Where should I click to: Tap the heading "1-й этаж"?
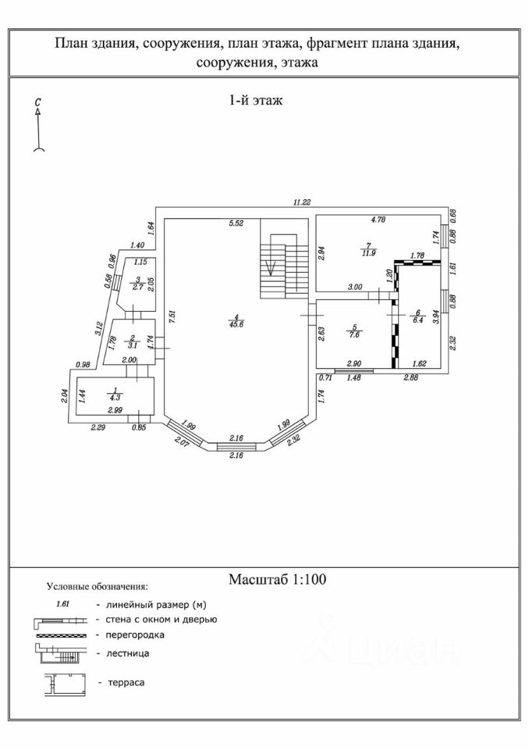click(256, 100)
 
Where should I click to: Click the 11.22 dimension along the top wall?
click(302, 202)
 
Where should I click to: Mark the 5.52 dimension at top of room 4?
click(236, 223)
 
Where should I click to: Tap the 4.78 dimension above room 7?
click(378, 220)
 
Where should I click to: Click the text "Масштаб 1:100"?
click(277, 580)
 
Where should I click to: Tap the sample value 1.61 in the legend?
click(64, 604)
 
